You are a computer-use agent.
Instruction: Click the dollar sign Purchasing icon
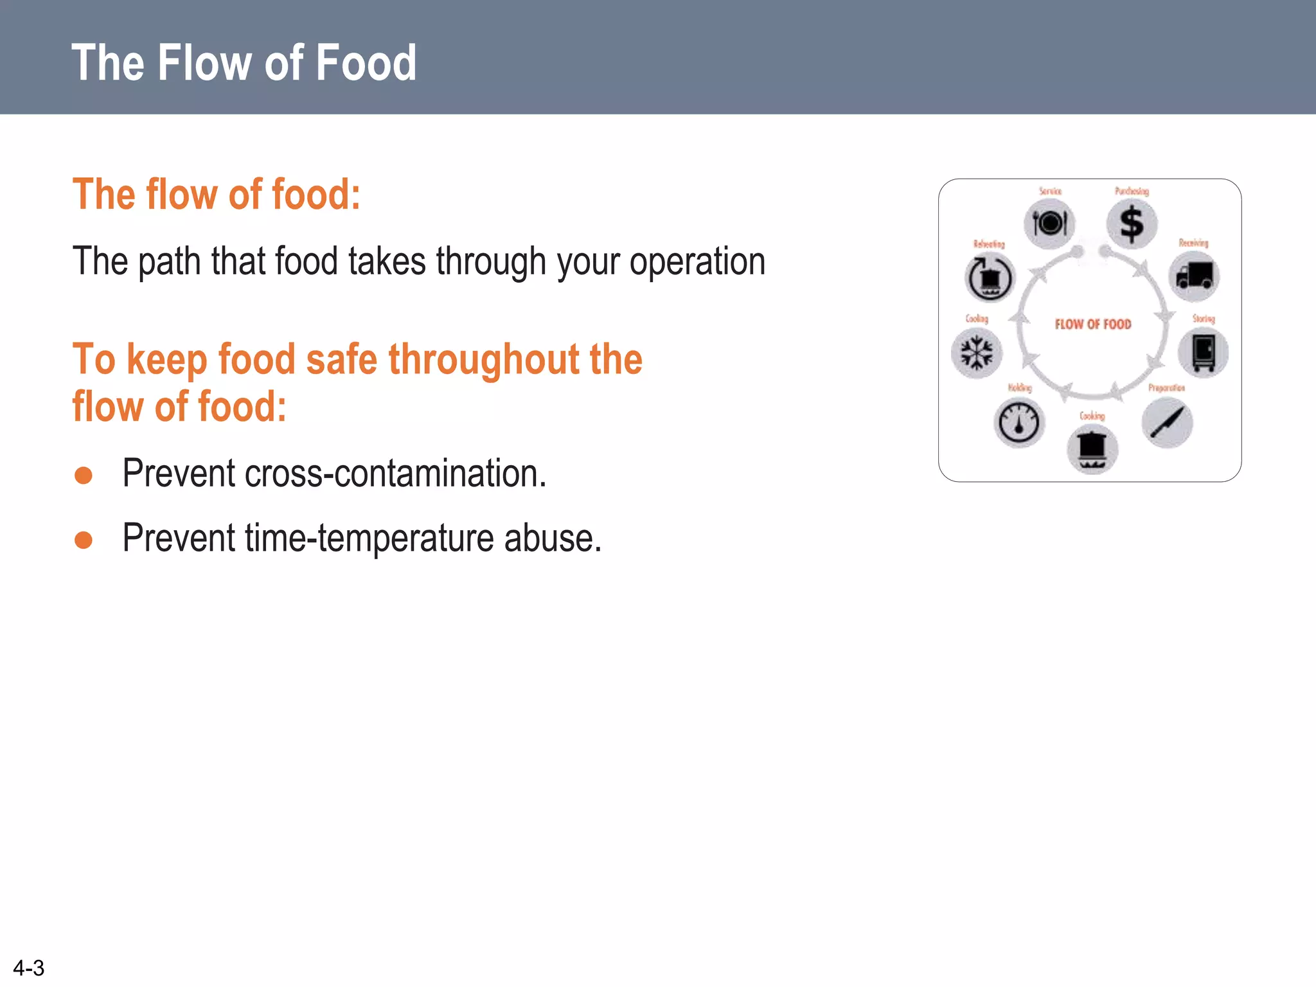1132,224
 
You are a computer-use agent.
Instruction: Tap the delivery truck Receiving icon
1194,276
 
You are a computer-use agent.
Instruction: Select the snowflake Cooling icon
977,353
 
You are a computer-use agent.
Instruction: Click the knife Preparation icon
1167,422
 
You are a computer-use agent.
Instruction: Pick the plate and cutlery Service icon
1049,224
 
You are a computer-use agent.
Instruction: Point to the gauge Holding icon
1019,423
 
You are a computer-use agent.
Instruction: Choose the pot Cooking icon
1092,449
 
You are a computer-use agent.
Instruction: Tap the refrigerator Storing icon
1203,353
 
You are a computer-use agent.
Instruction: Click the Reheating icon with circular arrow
990,278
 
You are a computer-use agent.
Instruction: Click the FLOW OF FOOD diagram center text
1093,325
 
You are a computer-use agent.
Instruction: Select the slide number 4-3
29,968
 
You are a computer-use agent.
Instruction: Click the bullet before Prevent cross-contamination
84,476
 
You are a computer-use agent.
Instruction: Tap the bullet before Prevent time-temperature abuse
84,540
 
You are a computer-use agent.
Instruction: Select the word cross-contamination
395,474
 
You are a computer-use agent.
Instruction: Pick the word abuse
553,538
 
